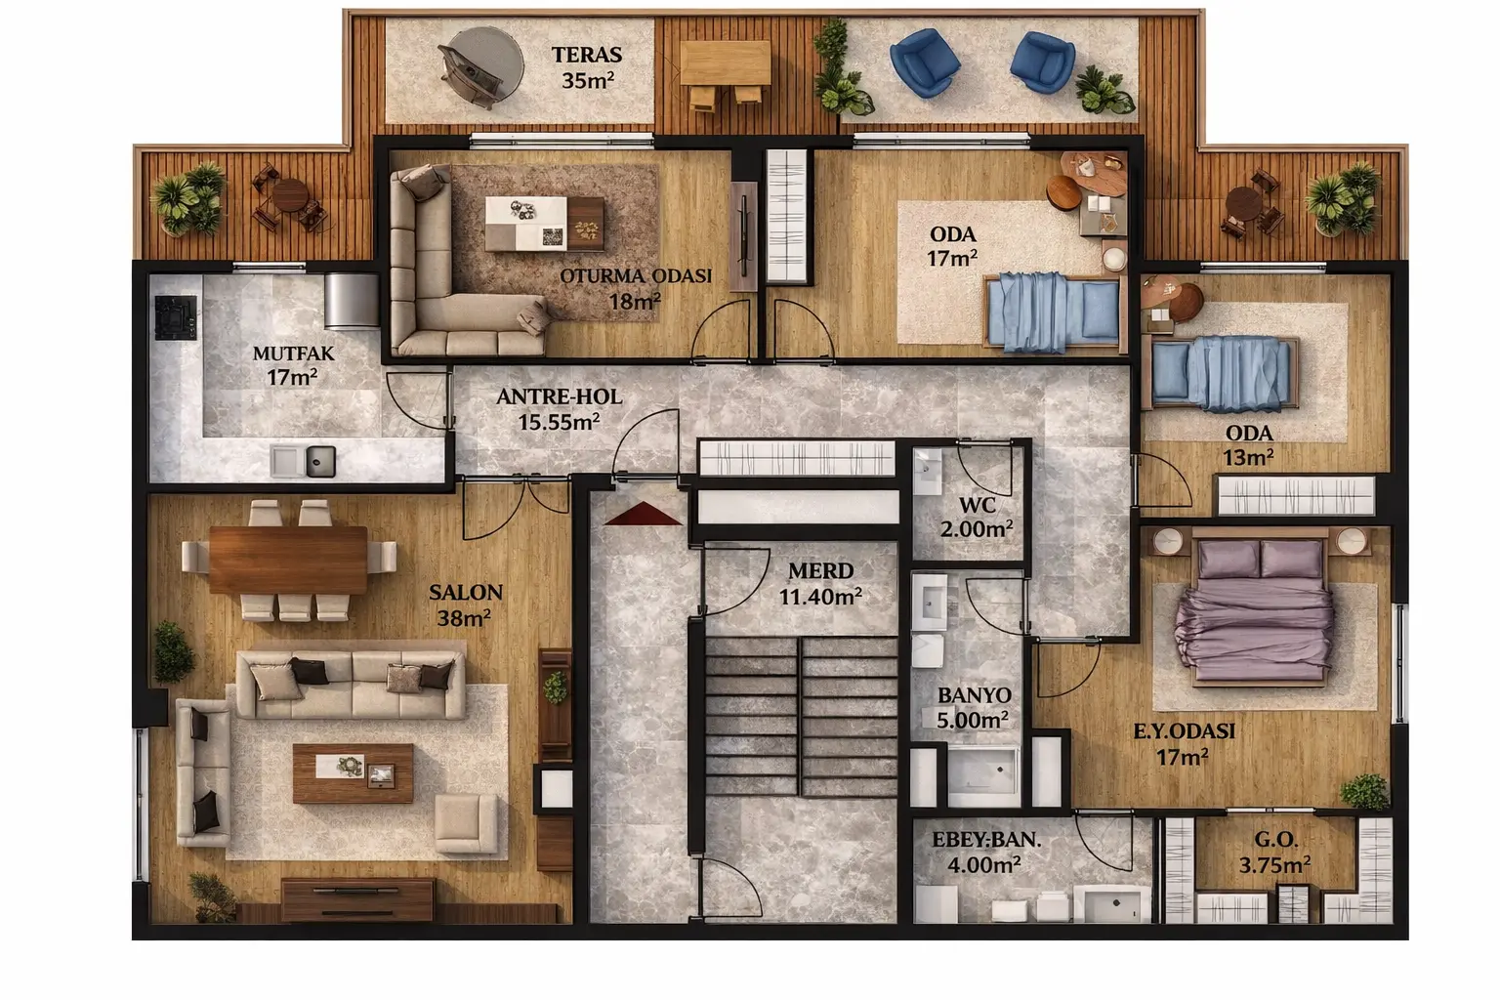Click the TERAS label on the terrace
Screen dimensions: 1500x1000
pos(587,55)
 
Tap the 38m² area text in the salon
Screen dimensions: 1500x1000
pos(464,617)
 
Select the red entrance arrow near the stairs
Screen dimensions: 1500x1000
pos(643,514)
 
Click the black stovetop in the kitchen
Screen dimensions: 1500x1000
pos(176,317)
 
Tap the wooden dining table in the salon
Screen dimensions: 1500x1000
pos(288,560)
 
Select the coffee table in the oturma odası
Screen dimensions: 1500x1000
pos(544,224)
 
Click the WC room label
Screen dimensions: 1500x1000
pos(977,505)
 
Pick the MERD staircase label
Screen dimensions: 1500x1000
pos(820,570)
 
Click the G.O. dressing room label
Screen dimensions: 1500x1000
pos(1275,839)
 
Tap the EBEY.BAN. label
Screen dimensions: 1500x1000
pos(986,840)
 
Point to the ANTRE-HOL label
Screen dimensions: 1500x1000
pos(560,396)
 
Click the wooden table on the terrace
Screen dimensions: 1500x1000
pos(726,62)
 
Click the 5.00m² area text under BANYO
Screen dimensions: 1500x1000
pos(973,720)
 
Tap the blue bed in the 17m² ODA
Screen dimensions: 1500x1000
pos(1054,312)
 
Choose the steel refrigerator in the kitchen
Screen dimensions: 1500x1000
pos(351,301)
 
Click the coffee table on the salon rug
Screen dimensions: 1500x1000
pos(353,773)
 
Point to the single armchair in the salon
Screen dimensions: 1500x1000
pos(467,824)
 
